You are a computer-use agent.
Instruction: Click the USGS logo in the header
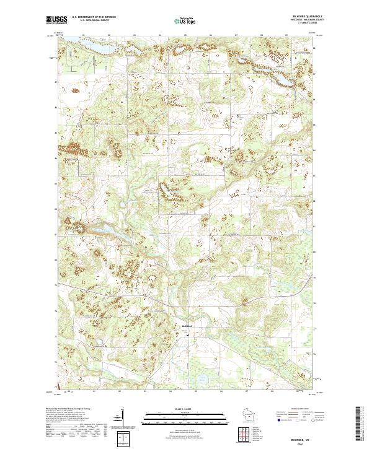[x=57, y=20]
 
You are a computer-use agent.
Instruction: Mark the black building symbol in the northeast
[x=242, y=116]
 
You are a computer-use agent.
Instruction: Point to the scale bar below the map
[x=185, y=414]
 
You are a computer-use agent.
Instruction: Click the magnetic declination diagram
[x=123, y=419]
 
